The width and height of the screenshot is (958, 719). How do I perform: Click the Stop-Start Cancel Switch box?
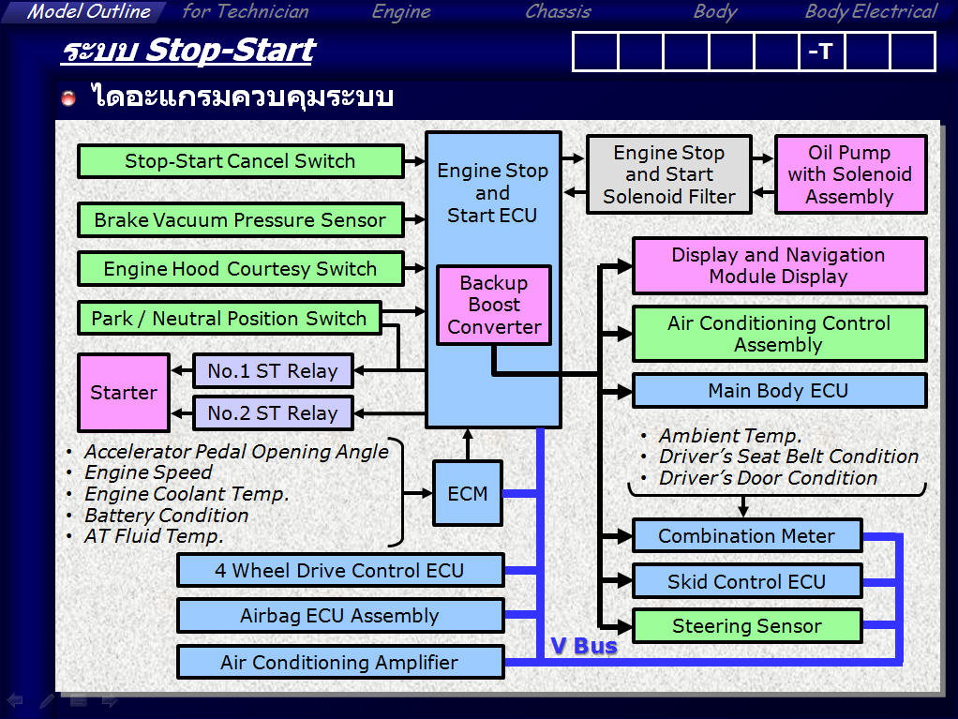(240, 161)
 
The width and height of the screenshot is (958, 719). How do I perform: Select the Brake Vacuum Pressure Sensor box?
(240, 220)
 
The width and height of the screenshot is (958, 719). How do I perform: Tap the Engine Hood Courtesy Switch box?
(240, 269)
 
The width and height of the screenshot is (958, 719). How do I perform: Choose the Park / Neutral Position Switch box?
(229, 318)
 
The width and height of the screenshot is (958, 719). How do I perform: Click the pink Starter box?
(124, 393)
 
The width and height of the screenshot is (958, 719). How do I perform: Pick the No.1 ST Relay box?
(273, 370)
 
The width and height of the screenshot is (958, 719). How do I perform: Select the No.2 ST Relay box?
(273, 413)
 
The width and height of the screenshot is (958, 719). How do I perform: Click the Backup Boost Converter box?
(494, 305)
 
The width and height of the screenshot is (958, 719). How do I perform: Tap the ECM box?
(468, 493)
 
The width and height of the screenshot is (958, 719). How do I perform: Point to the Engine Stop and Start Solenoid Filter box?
(668, 174)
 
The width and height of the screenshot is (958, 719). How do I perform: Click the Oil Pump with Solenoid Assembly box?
(849, 174)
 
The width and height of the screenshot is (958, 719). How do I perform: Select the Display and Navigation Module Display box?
(778, 265)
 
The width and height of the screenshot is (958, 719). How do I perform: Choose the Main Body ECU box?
(778, 391)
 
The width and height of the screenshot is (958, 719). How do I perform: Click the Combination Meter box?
(746, 536)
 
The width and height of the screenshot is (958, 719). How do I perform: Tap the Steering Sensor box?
(746, 626)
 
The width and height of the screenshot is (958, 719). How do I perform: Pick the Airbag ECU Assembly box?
(339, 616)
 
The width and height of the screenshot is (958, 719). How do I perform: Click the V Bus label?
(584, 646)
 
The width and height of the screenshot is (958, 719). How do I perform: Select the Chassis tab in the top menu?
(558, 12)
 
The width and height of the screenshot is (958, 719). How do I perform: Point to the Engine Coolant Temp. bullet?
(187, 494)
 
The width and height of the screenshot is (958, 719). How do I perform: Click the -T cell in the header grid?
(821, 52)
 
